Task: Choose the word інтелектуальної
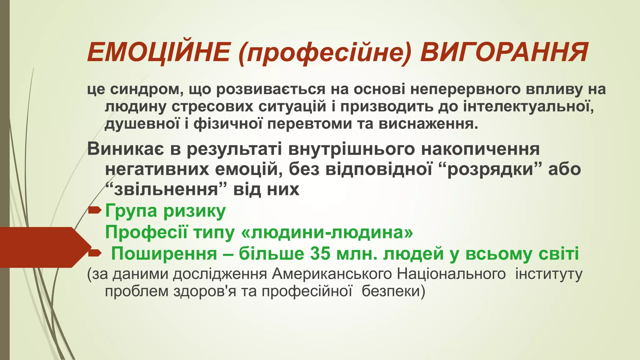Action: [528, 107]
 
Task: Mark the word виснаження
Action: [428, 124]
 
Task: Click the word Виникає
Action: [125, 149]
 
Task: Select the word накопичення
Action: [480, 149]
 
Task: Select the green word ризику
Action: [194, 211]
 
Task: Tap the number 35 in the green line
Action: [321, 254]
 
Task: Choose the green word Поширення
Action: [164, 254]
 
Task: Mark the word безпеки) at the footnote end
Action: [393, 291]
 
